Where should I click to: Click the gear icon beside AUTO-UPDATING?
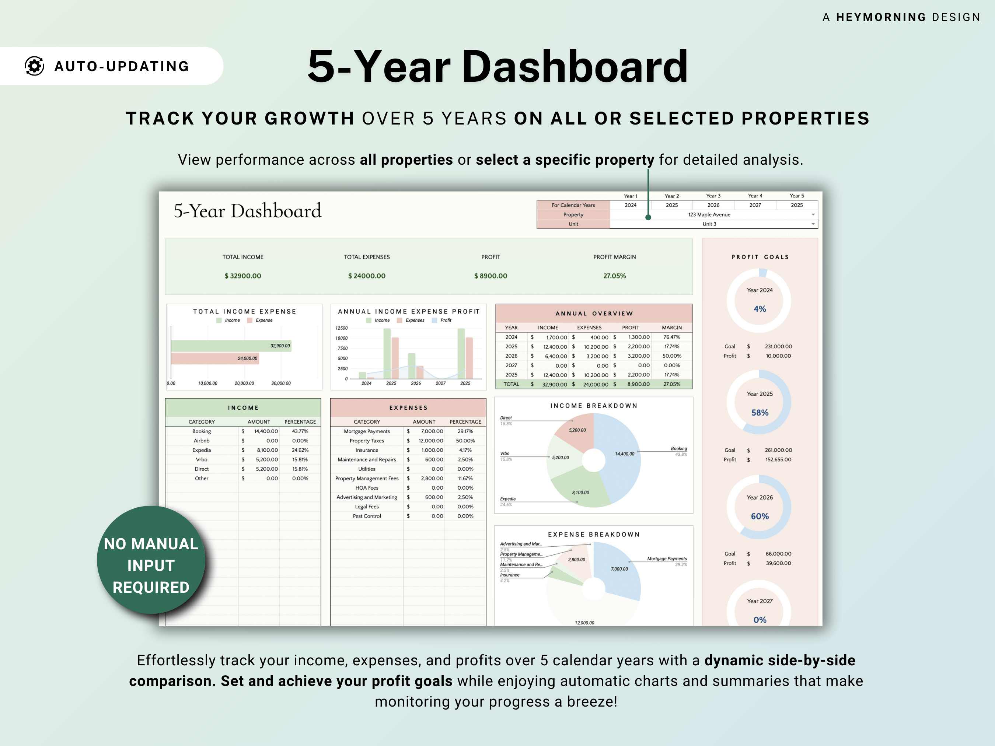34,66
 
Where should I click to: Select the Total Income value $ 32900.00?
242,276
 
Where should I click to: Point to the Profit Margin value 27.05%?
614,276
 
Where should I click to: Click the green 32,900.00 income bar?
230,346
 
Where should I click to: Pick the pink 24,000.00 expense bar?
214,358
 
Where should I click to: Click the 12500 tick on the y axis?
341,328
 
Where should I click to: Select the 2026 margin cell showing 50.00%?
671,356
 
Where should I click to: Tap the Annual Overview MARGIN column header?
671,328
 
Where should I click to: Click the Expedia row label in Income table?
202,450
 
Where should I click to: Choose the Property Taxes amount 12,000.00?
430,441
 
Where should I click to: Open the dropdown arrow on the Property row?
813,214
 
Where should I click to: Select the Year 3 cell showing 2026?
713,205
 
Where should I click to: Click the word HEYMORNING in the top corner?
881,17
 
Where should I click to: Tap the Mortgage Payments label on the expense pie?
667,558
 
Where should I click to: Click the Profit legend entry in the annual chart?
445,320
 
